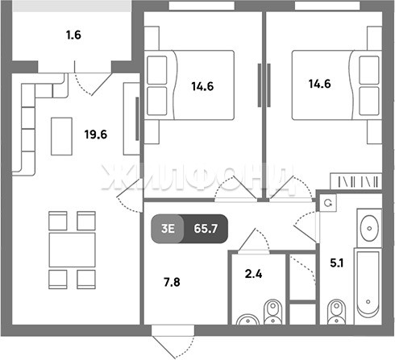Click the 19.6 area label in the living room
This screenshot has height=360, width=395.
[96, 134]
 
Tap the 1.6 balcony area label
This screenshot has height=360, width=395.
[73, 35]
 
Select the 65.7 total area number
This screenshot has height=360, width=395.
[206, 229]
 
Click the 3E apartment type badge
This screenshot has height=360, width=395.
[168, 229]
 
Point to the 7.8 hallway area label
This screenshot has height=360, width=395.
[172, 282]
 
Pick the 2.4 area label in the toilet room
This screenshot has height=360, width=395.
[253, 274]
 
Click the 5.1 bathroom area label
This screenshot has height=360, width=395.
[337, 263]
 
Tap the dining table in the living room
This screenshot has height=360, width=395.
[72, 250]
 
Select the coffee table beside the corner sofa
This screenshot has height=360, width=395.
[61, 136]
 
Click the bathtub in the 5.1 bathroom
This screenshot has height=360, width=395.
[368, 286]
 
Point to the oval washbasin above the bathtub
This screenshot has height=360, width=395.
[369, 228]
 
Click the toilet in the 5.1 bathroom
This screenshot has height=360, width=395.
[336, 312]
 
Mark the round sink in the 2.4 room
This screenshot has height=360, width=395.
[247, 320]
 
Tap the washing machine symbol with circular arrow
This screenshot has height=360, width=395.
[328, 203]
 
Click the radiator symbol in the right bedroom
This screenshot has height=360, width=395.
[355, 181]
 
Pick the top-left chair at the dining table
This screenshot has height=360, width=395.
[58, 221]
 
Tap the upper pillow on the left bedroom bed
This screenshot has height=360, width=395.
[157, 70]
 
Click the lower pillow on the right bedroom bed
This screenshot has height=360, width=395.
[369, 101]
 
